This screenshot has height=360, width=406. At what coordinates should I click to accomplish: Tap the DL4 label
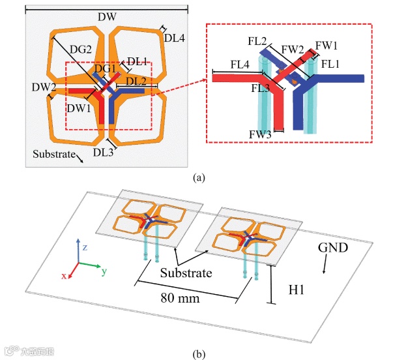point(175,38)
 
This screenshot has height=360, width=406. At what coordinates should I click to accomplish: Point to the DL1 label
point(137,61)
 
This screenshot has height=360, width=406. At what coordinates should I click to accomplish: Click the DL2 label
point(135,81)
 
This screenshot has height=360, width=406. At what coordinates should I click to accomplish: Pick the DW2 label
point(45,87)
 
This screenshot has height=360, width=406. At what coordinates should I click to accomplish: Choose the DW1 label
point(79,108)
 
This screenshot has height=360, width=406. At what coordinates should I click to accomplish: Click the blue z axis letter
point(85,247)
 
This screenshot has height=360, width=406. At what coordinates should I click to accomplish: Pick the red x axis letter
point(64,276)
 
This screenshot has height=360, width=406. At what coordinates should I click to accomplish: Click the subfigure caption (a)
point(199,176)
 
